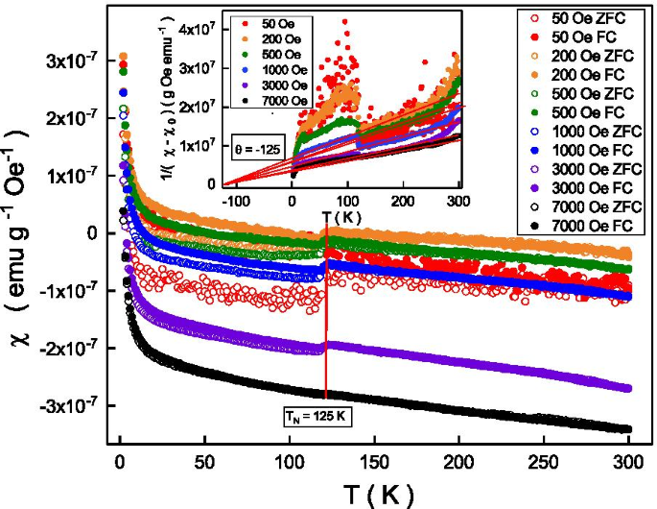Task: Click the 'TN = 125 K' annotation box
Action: tap(326, 416)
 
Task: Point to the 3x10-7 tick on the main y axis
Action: tap(70, 61)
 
